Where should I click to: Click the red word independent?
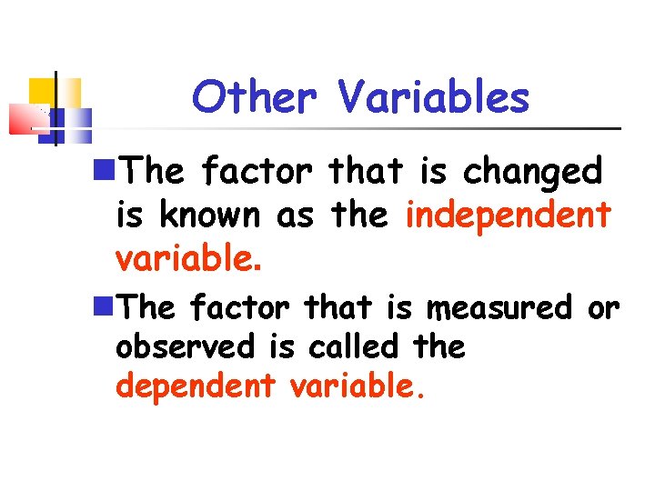(x=509, y=215)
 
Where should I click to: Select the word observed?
(x=186, y=346)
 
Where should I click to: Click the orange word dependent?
(x=195, y=386)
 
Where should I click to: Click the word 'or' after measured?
(x=603, y=309)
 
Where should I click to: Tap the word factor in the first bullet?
(x=256, y=170)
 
